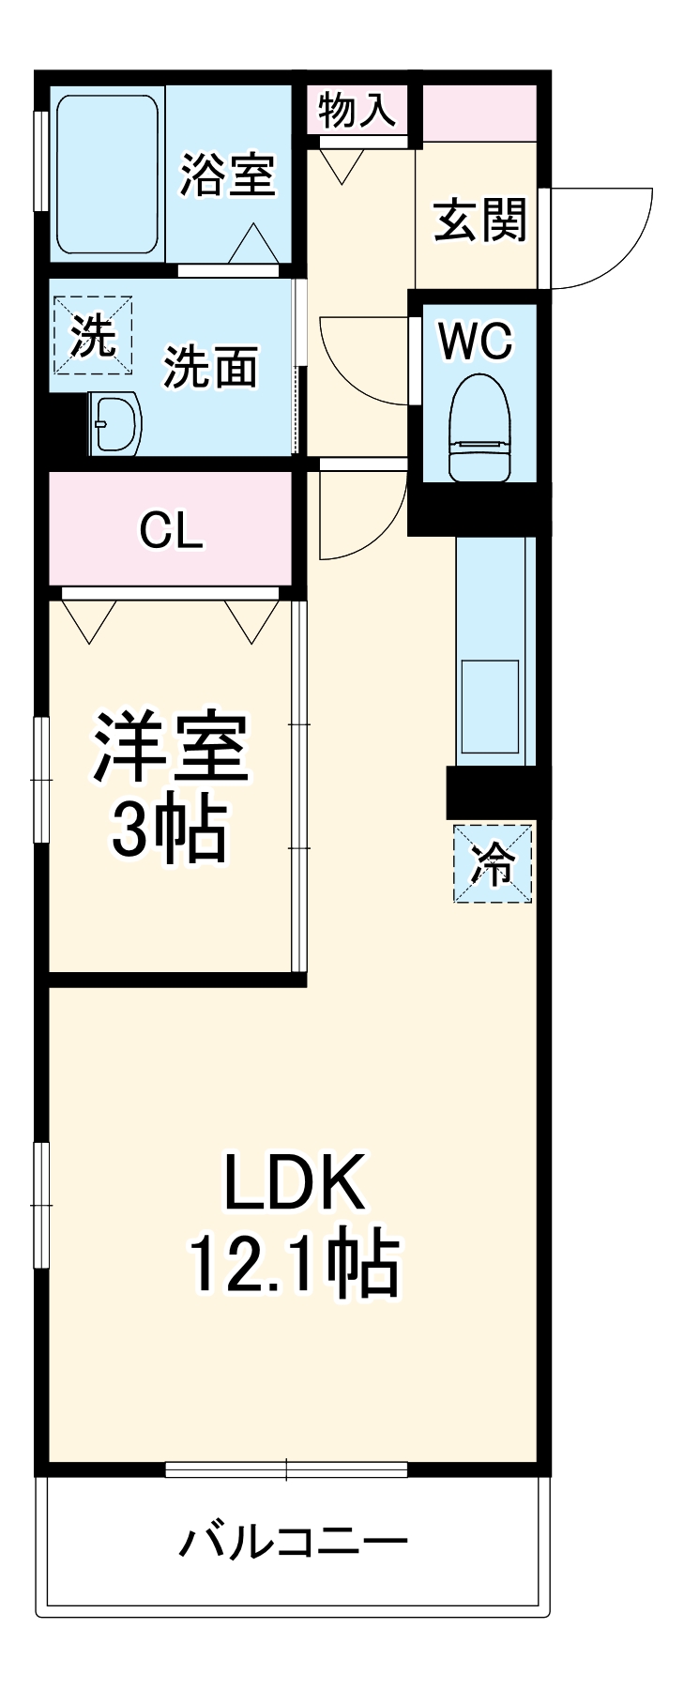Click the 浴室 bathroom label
[x=228, y=175]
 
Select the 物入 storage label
[x=357, y=110]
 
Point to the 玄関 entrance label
[x=479, y=221]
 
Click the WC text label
[x=478, y=341]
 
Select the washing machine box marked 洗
[x=92, y=336]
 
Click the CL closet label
[x=171, y=531]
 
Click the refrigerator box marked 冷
[x=493, y=863]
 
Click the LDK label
[x=293, y=1184]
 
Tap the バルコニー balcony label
[x=293, y=1541]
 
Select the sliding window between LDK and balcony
[x=286, y=1469]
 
